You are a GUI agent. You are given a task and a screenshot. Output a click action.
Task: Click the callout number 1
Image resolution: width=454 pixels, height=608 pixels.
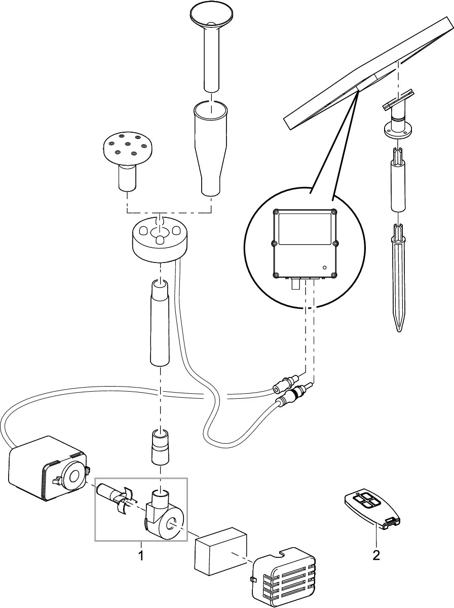(141, 556)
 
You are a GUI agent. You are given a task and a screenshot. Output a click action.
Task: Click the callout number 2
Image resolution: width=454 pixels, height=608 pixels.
(375, 556)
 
